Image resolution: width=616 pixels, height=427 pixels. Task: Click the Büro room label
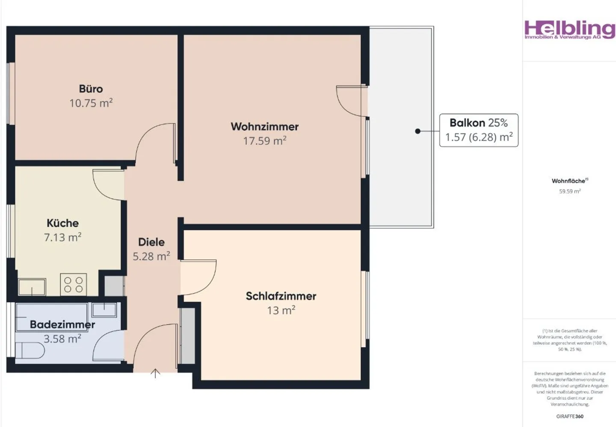pos(91,89)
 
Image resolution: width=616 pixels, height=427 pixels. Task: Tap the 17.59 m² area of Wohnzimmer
pos(264,141)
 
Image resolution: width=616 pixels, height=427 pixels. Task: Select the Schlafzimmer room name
pos(281,296)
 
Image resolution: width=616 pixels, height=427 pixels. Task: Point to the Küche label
pos(62,223)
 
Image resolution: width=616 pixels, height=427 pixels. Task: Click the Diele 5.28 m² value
pos(151,256)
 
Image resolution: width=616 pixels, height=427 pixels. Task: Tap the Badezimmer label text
pos(62,325)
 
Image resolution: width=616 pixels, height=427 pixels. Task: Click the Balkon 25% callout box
pos(479,130)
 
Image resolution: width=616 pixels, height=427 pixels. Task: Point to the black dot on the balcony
pos(418,131)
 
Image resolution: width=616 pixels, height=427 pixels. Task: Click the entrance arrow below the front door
pos(155,374)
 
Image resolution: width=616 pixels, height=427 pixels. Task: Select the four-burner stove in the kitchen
pos(74,284)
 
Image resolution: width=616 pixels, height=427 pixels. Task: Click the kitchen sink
pos(32,286)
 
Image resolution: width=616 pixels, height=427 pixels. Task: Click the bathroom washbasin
pos(104,310)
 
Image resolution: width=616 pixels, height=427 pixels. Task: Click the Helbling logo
pos(569,30)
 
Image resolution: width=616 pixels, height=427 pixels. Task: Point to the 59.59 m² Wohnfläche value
pos(570,191)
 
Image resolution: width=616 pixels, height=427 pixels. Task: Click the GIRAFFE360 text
pos(570,416)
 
